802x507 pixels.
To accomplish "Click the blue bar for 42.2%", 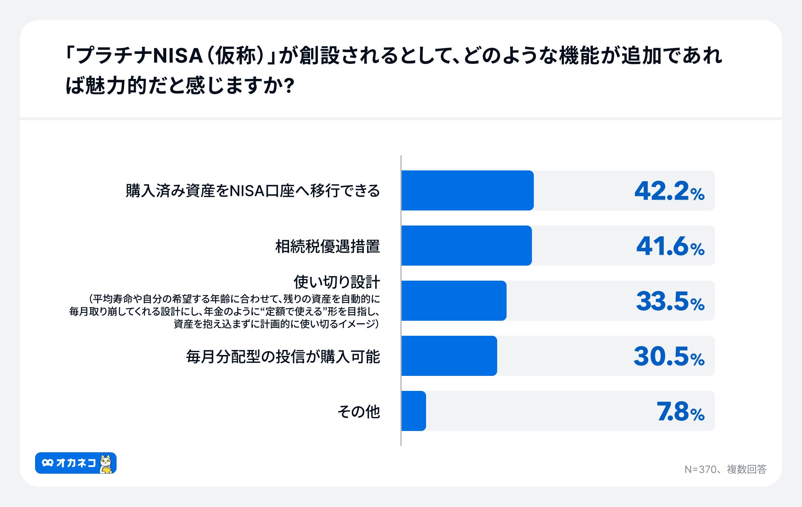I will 467,190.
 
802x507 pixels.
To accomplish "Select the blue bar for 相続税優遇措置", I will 466,246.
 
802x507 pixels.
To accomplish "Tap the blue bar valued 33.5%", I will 454,301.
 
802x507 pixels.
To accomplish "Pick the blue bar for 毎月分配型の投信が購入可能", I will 449,356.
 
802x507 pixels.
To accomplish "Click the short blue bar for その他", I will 414,411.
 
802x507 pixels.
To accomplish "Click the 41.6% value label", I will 670,246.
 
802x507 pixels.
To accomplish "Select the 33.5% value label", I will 670,302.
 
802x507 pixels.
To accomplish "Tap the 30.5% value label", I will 669,357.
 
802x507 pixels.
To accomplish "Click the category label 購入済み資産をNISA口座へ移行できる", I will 253,191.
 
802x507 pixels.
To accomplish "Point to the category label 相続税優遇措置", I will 327,246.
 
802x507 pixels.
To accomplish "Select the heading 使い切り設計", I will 337,282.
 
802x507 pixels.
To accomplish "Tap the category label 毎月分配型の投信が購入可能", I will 283,357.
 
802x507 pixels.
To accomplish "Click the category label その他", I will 358,412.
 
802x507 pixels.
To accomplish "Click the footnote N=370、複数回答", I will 725,469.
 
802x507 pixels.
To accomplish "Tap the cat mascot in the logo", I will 106,464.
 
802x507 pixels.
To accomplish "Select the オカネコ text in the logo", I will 76,463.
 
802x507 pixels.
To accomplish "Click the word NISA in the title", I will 178,56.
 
